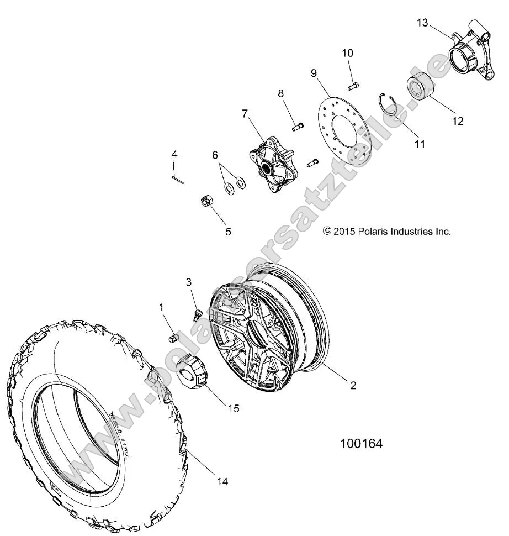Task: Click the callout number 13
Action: pos(422,23)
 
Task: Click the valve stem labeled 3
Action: pos(195,317)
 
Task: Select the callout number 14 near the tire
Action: pos(222,482)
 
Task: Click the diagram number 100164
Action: pos(361,444)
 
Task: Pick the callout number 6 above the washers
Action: pos(215,156)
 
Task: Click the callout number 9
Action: pos(314,73)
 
